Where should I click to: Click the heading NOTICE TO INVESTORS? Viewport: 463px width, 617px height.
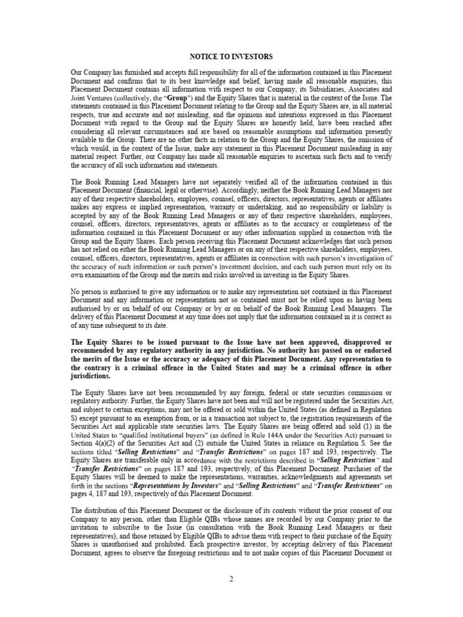tap(231, 57)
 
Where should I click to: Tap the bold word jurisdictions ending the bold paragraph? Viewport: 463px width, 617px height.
tap(96, 375)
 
